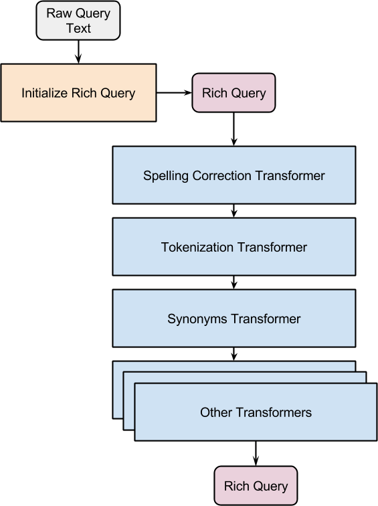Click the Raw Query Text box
click(78, 20)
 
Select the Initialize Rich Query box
click(79, 93)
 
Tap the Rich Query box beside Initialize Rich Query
click(234, 93)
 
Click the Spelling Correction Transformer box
click(234, 175)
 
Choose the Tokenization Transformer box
click(234, 247)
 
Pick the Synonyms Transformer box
click(234, 319)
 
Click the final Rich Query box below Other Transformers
click(256, 486)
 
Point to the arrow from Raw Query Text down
click(78, 52)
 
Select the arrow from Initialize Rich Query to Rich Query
click(174, 93)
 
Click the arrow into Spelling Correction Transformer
click(234, 129)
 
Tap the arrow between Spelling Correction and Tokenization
click(234, 211)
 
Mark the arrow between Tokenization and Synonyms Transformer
click(234, 282)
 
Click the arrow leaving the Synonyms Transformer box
click(234, 354)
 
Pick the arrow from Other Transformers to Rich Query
click(256, 453)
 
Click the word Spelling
click(166, 176)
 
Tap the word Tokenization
click(197, 247)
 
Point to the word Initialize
click(45, 93)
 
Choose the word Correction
click(222, 175)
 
